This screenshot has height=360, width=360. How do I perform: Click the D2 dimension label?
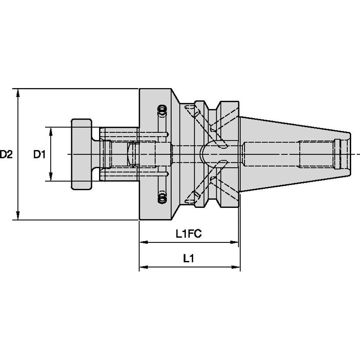coord(6,154)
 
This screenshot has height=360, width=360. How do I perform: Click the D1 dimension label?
coord(39,154)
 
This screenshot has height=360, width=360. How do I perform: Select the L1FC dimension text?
coord(188,234)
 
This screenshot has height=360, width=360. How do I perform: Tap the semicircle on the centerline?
coord(206,154)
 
